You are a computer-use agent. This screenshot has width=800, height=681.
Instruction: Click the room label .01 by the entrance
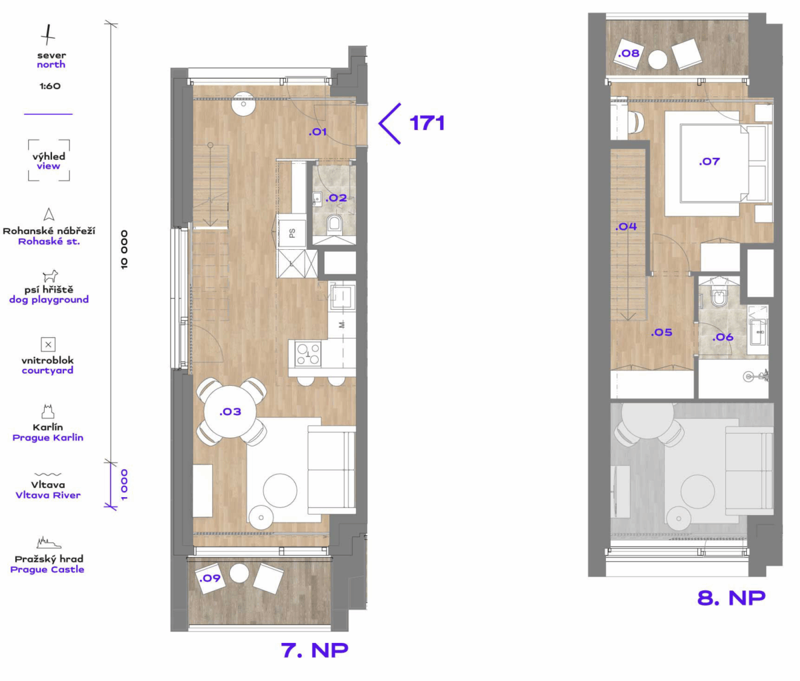318,132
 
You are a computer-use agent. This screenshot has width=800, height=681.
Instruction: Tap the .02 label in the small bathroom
336,198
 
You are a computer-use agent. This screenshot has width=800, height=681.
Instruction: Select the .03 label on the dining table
230,412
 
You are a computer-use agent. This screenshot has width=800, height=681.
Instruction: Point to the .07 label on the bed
709,161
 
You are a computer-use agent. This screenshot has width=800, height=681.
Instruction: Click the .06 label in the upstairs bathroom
723,337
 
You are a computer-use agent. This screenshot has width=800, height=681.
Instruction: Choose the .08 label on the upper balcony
629,53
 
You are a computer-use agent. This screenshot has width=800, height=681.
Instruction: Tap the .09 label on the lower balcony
210,578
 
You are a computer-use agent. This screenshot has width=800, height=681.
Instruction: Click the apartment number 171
427,123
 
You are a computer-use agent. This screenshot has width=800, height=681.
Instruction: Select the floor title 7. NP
314,650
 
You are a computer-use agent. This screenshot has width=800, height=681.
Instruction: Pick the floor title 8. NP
731,598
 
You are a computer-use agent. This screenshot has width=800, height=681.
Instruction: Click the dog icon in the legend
50,276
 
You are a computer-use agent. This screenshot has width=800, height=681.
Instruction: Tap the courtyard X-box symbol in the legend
49,344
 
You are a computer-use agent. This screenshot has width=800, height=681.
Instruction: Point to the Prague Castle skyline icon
49,543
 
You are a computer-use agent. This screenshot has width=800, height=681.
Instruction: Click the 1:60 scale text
50,86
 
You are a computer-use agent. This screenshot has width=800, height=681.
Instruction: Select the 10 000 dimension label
124,250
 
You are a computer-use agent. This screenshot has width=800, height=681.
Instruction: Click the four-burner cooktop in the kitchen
308,354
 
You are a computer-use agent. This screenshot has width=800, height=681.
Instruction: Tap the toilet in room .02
334,225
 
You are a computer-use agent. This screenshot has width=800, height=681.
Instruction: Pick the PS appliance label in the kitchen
292,233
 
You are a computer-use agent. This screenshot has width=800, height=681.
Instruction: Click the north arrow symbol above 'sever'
49,35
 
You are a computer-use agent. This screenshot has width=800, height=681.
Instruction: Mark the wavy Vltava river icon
48,474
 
